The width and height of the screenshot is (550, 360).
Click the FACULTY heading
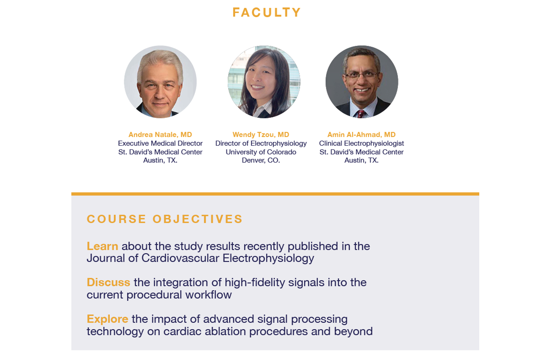[267, 13]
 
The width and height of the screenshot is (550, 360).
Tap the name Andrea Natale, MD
[160, 135]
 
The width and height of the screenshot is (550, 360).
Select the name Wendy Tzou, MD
[261, 135]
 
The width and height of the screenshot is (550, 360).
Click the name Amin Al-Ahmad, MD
[361, 135]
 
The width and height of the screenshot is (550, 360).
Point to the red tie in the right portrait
[361, 114]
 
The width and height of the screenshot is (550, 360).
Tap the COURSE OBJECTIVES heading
[165, 219]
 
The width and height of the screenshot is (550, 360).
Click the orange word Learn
[102, 246]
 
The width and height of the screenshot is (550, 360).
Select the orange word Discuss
[109, 283]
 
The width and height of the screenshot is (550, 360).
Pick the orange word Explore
[108, 319]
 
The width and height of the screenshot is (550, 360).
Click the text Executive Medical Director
[160, 143]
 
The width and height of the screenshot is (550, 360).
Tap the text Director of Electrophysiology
[261, 143]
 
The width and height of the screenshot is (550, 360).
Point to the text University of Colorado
[261, 152]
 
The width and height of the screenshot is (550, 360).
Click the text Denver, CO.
[261, 160]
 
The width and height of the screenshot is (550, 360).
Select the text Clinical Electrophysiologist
[362, 143]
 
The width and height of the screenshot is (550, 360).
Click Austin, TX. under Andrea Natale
[160, 160]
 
